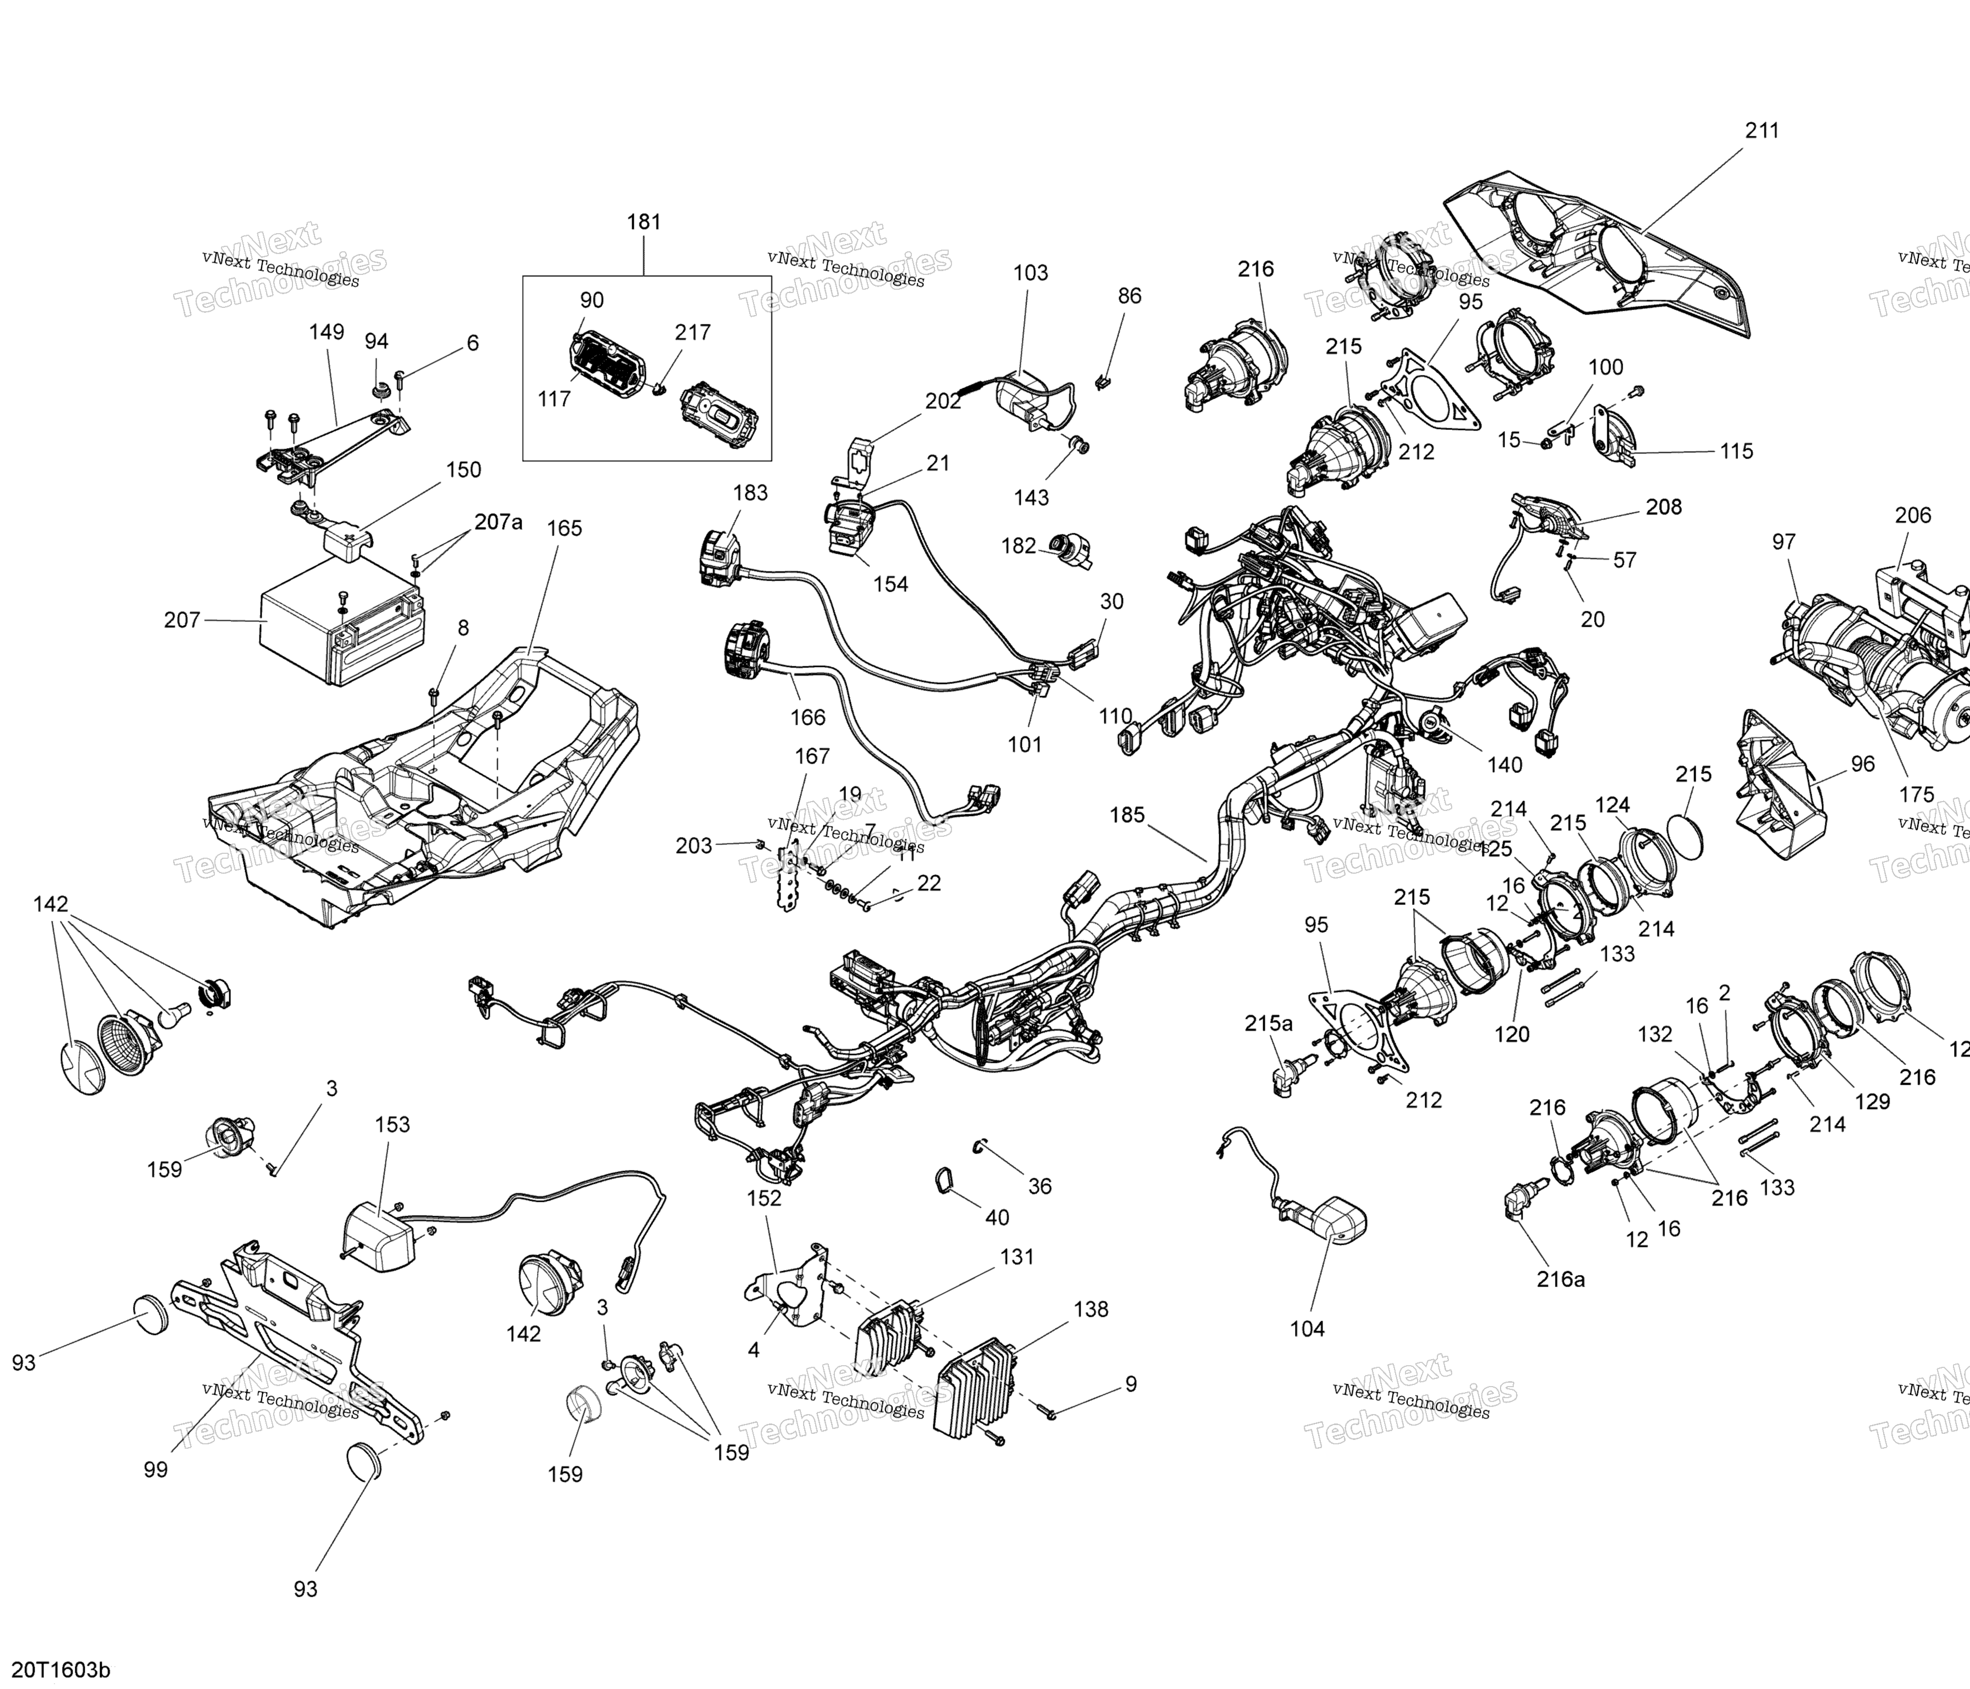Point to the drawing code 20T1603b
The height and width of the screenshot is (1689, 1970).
(x=61, y=1670)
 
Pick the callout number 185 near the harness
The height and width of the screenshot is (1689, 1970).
(x=1127, y=815)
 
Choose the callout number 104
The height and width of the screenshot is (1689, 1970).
(x=1307, y=1328)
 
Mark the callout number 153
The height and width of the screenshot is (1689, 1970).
(x=392, y=1125)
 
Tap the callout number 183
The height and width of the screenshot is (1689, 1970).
(x=750, y=493)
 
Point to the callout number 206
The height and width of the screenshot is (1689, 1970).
(x=1913, y=516)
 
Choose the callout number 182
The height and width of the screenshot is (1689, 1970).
(x=1019, y=546)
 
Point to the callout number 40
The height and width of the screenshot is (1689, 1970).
(x=997, y=1217)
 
